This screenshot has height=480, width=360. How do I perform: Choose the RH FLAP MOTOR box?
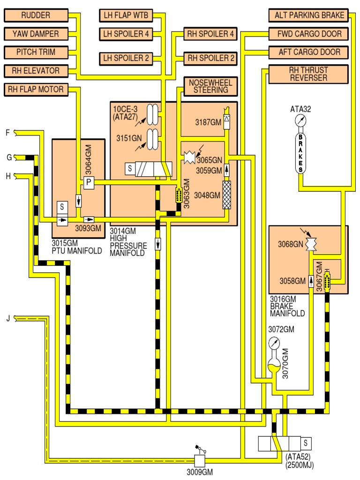point(36,89)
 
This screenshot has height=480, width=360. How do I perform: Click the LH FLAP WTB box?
point(126,15)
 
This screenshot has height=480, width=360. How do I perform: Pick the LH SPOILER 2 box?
point(126,59)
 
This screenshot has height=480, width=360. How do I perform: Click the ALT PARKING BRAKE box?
point(309,15)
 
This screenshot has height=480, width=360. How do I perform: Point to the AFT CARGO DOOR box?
point(309,52)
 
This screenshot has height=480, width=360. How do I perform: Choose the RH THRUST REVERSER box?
point(309,74)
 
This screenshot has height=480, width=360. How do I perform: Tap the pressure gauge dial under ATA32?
point(300,121)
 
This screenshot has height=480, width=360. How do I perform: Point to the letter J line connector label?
point(8,319)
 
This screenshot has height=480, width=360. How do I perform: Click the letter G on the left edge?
point(8,157)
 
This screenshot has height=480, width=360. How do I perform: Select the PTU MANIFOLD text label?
point(77,250)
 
